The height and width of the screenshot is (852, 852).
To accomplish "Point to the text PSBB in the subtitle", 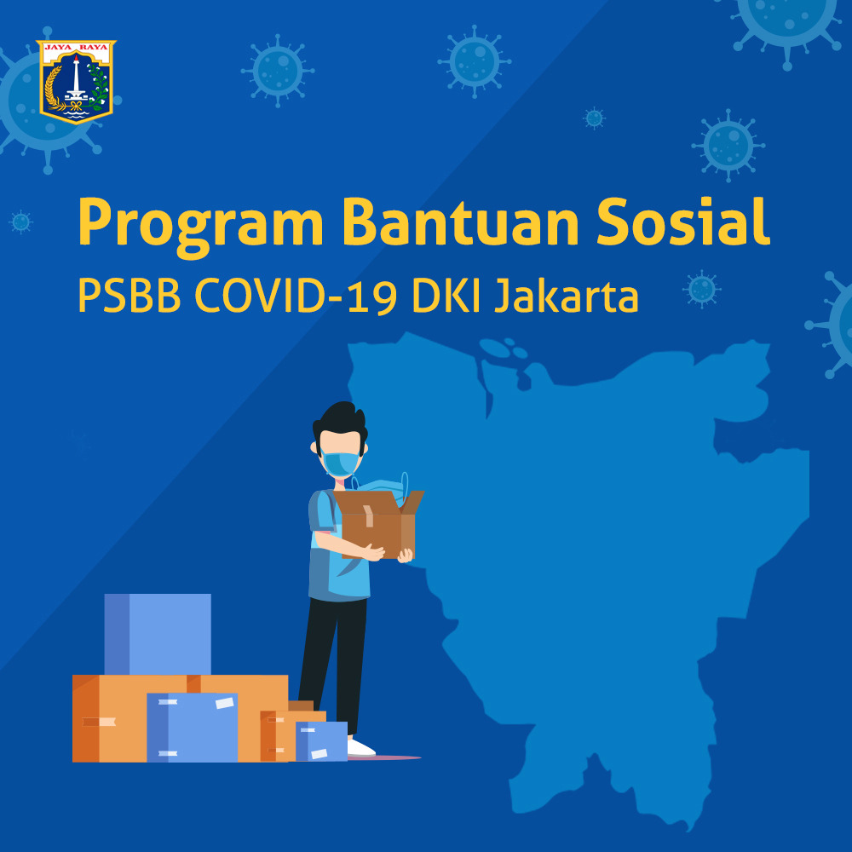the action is click(x=130, y=296).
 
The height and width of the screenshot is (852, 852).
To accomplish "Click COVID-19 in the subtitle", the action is click(x=296, y=296).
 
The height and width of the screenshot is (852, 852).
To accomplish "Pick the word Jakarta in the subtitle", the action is click(x=567, y=296).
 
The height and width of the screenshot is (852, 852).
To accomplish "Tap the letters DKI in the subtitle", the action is click(x=446, y=296).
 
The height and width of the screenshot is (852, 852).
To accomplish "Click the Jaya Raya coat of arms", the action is click(x=76, y=82).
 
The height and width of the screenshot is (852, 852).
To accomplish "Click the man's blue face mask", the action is click(x=340, y=463).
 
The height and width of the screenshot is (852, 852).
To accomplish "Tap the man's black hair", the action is click(x=340, y=421).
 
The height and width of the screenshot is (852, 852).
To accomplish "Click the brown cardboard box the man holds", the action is click(x=379, y=524).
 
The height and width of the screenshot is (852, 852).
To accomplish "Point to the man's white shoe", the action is click(x=360, y=747).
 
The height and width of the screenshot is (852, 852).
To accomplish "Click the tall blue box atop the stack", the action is click(x=158, y=634).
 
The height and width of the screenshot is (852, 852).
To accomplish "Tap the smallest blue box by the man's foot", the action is click(x=321, y=741).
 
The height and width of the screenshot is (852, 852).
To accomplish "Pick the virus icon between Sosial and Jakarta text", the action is click(x=702, y=289).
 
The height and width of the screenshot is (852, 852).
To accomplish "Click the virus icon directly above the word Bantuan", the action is click(x=475, y=61).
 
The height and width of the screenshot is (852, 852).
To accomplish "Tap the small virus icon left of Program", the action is click(x=20, y=222).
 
